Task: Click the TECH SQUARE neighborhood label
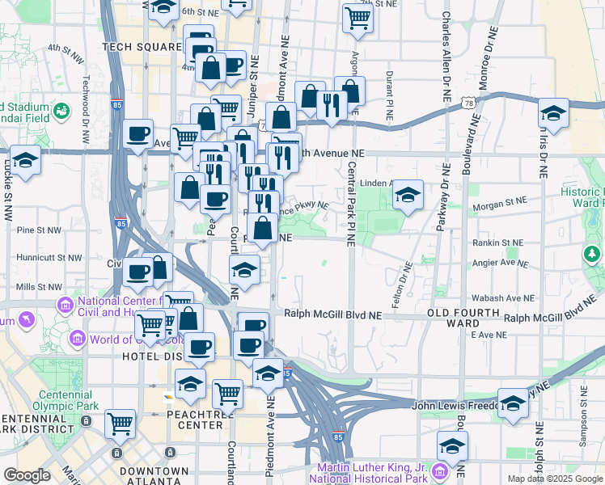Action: [x=141, y=47]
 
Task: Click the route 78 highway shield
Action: [x=468, y=103]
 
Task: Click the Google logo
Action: [x=27, y=474]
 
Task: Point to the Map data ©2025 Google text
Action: [x=555, y=479]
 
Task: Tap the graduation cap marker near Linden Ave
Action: [x=408, y=195]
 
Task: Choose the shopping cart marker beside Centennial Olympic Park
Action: [x=121, y=421]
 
